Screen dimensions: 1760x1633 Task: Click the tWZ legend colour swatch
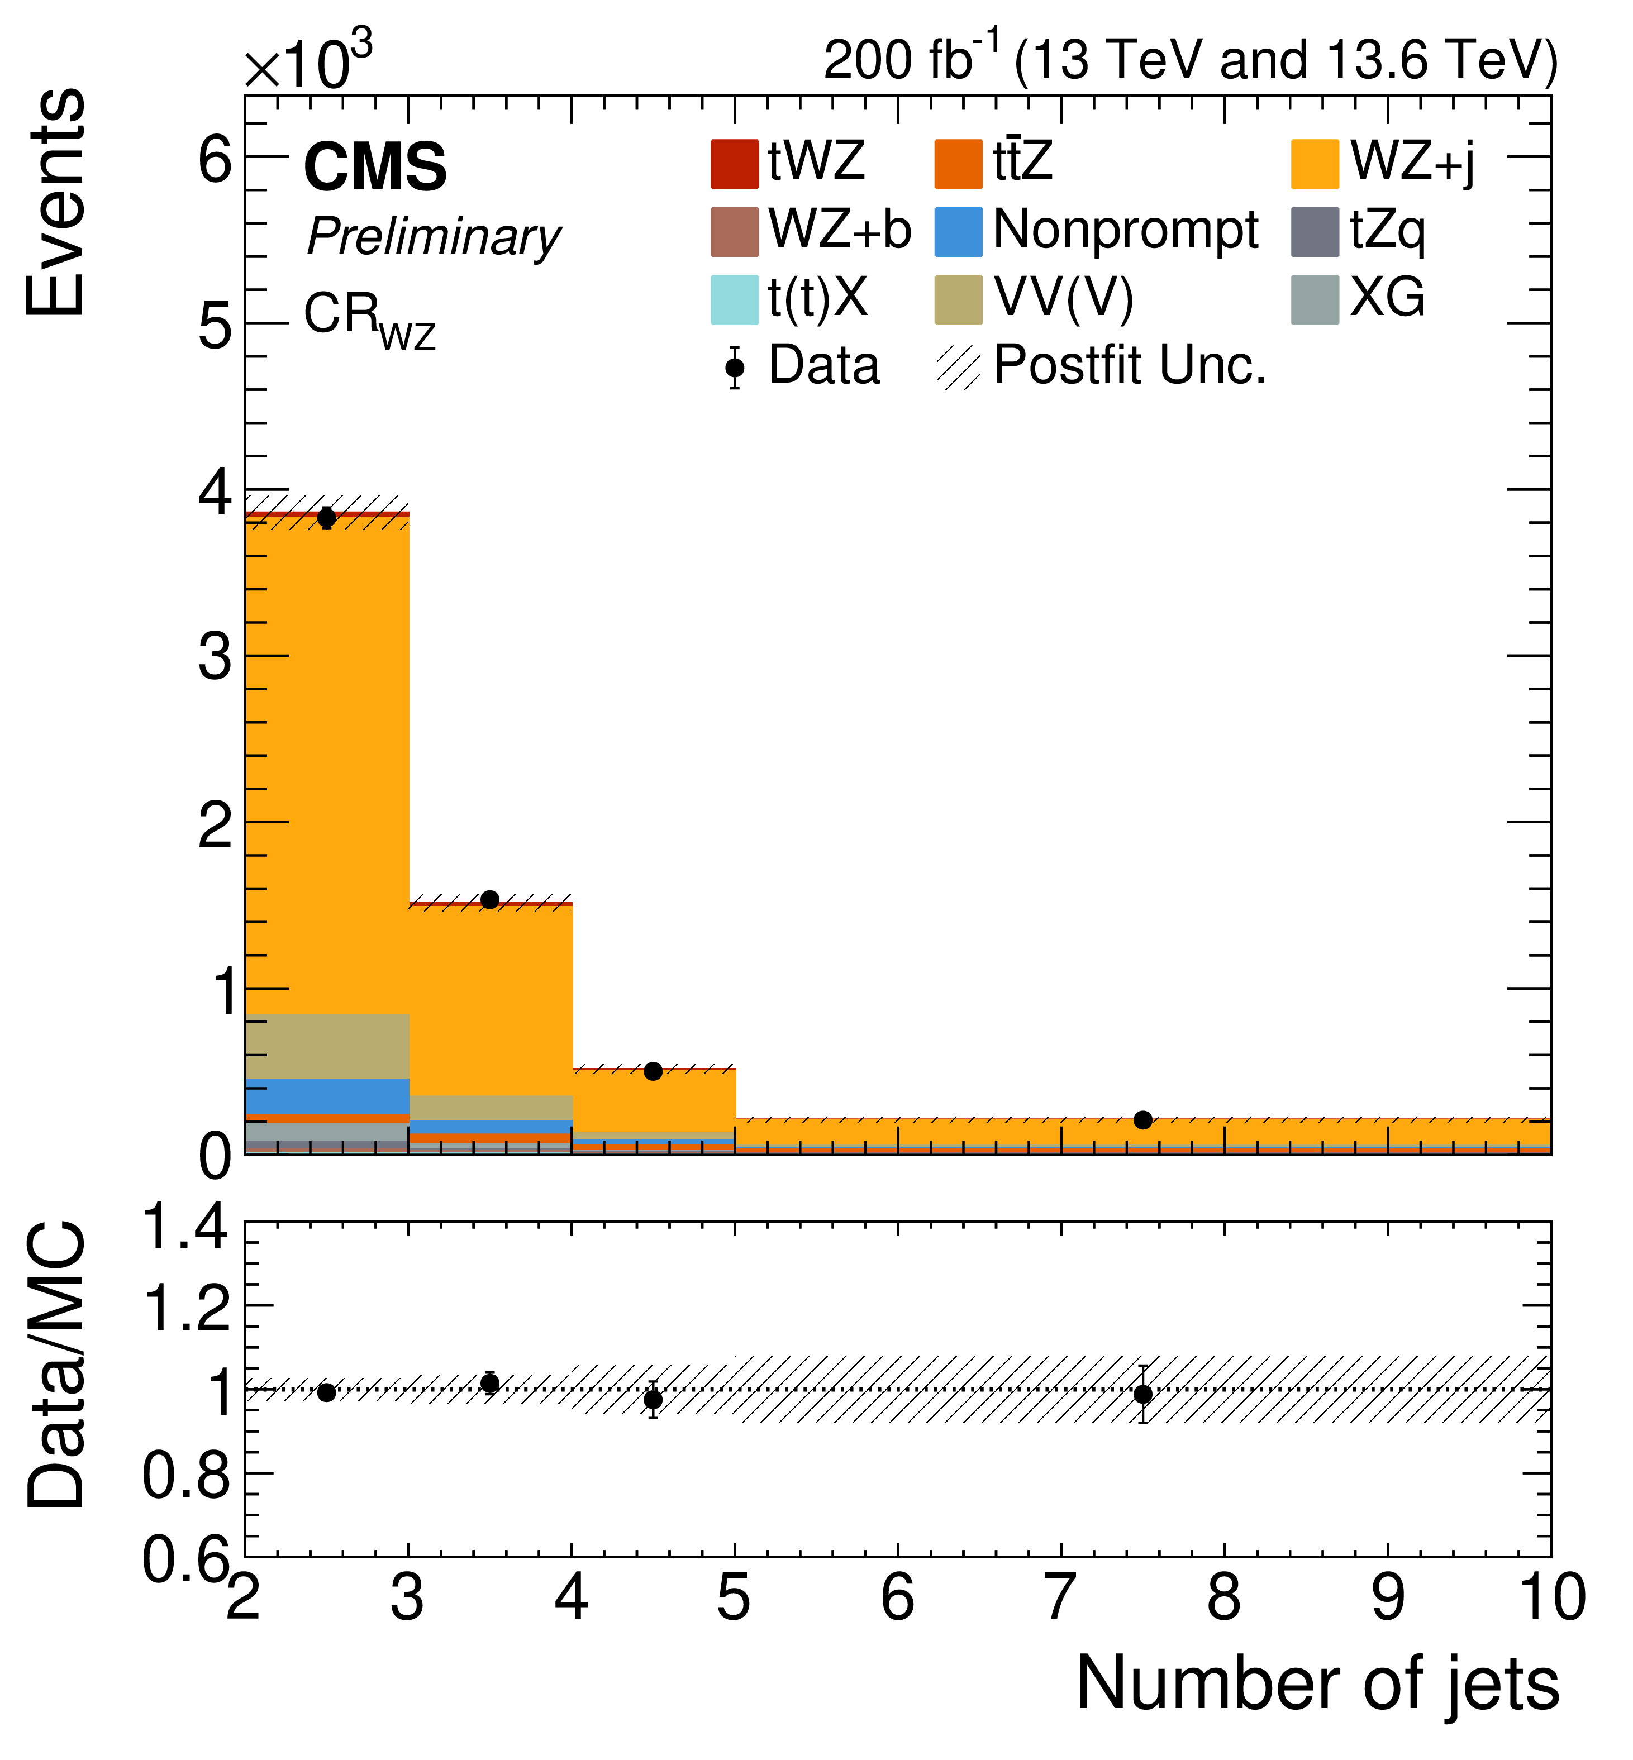pos(734,164)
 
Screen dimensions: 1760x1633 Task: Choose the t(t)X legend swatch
pos(734,299)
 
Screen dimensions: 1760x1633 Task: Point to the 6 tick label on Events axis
pos(215,160)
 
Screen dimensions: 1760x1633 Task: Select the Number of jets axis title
pos(1317,1686)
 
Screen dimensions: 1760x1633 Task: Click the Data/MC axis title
pos(58,1365)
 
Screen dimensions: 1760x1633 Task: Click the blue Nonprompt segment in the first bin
pos(327,1095)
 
